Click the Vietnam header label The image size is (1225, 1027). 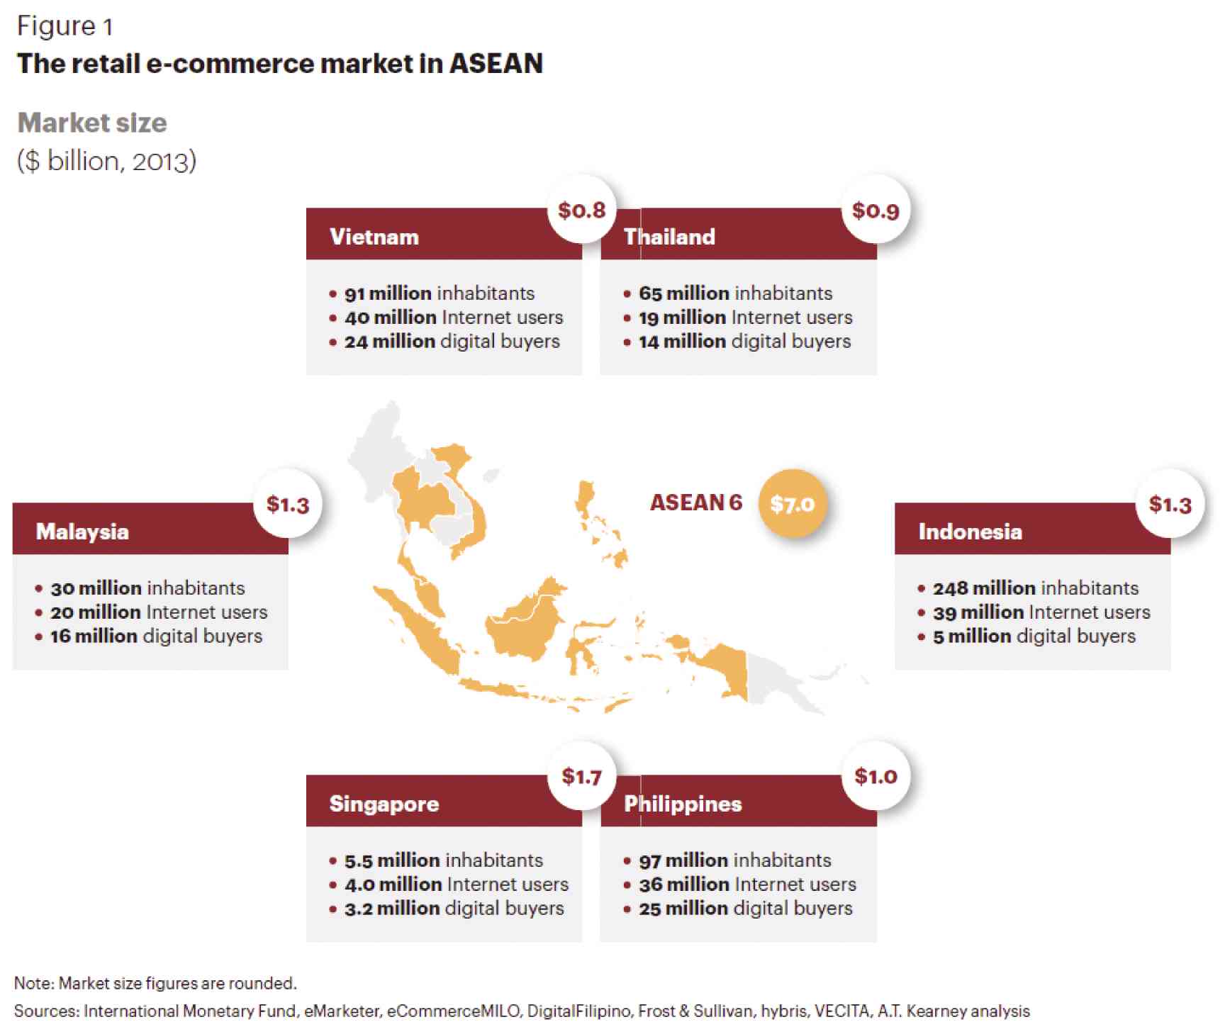tap(374, 237)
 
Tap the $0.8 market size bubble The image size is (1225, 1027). tap(582, 210)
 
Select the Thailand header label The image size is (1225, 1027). tap(669, 237)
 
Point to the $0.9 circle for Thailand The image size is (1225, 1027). tap(876, 210)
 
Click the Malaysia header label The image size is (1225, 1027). tap(82, 532)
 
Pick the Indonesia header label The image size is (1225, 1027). tap(971, 532)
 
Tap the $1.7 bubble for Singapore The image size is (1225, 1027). tap(582, 776)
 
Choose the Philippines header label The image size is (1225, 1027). tap(683, 804)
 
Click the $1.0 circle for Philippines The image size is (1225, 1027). tap(876, 776)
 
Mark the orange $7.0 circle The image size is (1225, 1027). tap(793, 504)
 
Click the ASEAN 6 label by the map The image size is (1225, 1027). tap(696, 503)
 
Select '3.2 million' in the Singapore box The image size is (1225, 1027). tap(392, 909)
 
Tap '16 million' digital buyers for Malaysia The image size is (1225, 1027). tap(94, 636)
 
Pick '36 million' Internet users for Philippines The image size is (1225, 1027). tap(684, 885)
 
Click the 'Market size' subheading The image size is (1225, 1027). tap(92, 123)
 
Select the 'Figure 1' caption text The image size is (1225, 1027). tap(65, 26)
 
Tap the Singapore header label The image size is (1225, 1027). tap(384, 804)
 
